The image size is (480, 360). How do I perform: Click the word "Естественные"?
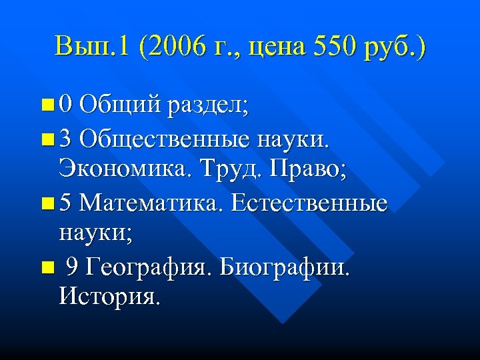[308, 202]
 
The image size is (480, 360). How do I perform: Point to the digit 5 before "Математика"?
[64, 202]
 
